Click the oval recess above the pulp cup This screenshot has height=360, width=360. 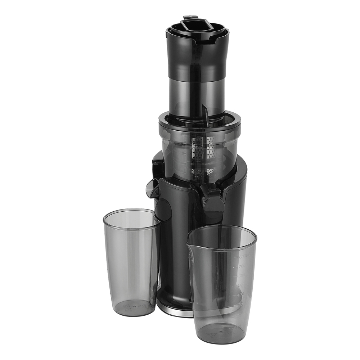(163, 209)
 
